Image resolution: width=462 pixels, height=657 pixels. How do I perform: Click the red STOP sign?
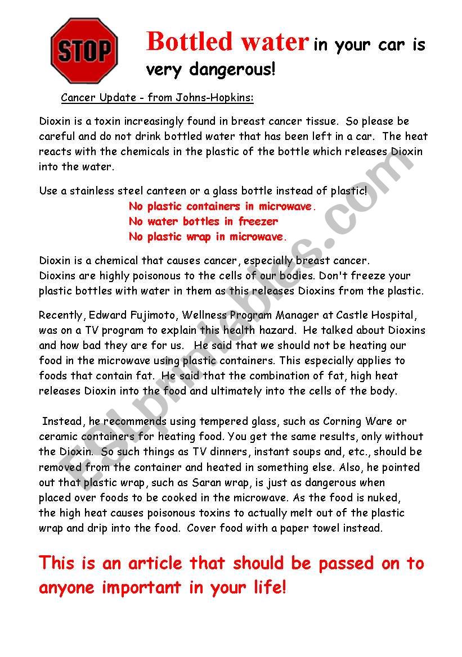click(x=84, y=51)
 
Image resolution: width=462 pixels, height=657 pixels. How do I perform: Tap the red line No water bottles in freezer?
click(x=203, y=221)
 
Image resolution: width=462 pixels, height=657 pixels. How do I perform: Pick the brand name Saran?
click(x=195, y=482)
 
